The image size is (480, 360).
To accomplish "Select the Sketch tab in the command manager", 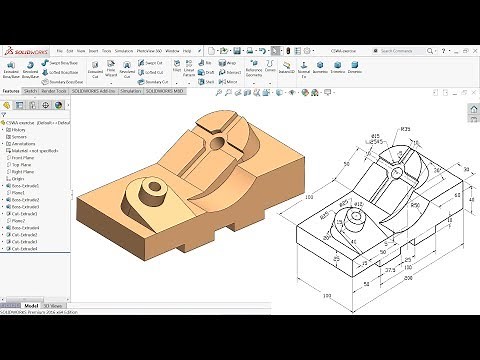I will click(32, 89).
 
